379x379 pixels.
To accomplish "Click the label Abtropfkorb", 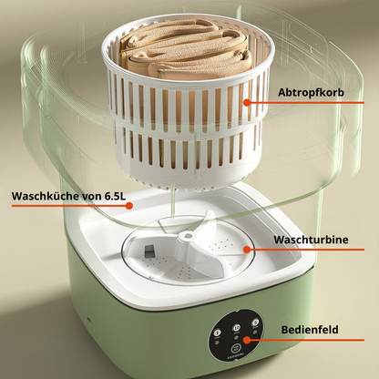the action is click(311, 92).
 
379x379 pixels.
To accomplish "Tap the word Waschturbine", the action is click(311, 240).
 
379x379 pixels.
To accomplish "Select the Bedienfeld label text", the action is click(310, 330).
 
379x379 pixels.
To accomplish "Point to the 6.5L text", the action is click(115, 196).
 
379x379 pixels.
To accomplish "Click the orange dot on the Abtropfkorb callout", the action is click(247, 102).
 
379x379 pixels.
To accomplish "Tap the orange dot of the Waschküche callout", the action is click(129, 206).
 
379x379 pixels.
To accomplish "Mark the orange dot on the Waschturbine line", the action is click(247, 250).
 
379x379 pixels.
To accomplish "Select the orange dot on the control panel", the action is click(247, 340).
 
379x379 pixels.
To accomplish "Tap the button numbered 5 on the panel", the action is click(255, 323).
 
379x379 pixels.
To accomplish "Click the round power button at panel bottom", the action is click(236, 349).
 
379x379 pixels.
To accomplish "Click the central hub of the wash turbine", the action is click(186, 236).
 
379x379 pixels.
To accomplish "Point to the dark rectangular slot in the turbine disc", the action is click(149, 251).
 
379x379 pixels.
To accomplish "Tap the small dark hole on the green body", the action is click(88, 319).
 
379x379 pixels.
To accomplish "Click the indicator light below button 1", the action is click(217, 343).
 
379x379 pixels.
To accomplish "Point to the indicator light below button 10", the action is click(236, 337).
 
